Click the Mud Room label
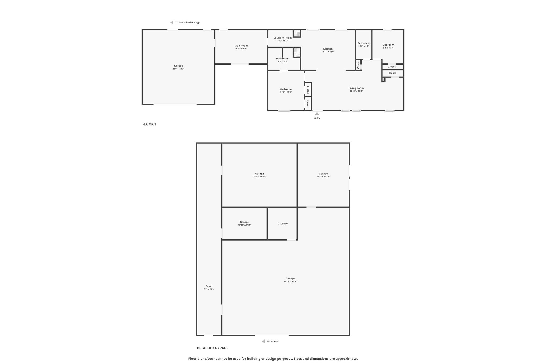[241, 46]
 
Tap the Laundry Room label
[283, 38]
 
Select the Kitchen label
[328, 49]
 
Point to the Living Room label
[356, 88]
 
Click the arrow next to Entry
[317, 114]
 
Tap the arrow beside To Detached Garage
[172, 23]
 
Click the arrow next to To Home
[263, 341]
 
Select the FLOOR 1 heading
[149, 124]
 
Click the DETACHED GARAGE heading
[212, 348]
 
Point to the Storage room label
[283, 223]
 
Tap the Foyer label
[209, 286]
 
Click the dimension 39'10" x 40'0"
[290, 281]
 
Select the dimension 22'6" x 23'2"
[178, 69]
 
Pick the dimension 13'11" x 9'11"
[244, 225]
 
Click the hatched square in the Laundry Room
[297, 34]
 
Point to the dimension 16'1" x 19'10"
[323, 177]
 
